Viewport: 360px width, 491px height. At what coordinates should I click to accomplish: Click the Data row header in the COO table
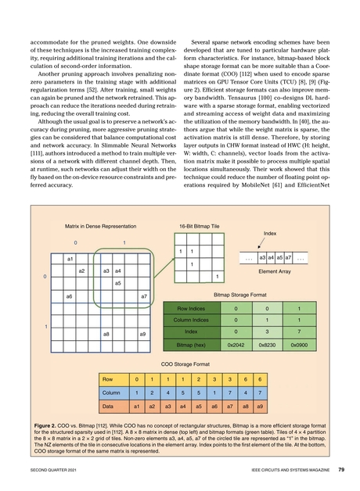[x=110, y=407]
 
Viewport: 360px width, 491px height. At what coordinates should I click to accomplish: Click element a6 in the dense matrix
[x=70, y=296]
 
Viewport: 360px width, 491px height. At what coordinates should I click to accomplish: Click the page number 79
[x=342, y=470]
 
